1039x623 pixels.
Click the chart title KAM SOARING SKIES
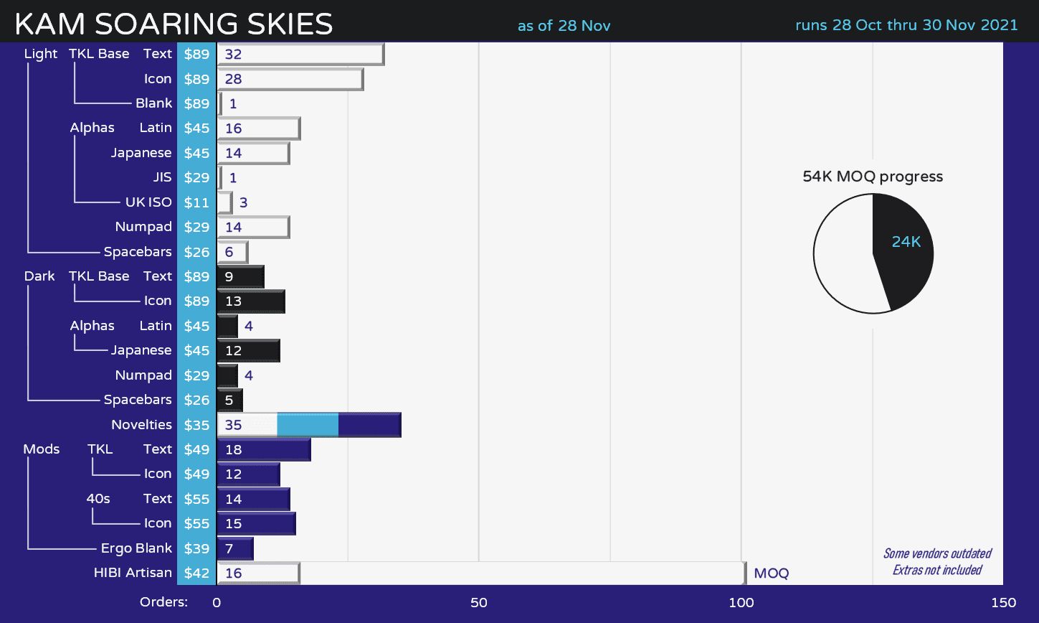(174, 24)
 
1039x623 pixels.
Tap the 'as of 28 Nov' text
(564, 26)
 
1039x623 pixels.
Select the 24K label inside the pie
(906, 242)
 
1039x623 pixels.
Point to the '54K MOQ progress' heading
(872, 177)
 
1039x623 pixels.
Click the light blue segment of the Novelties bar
(307, 425)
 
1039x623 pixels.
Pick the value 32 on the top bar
(233, 55)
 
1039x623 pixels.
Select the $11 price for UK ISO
(196, 202)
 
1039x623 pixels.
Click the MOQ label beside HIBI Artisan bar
(771, 573)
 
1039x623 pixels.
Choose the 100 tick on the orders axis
(741, 603)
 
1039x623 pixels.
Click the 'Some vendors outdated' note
(936, 553)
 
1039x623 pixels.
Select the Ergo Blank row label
(136, 548)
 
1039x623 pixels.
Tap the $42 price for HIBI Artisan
(196, 573)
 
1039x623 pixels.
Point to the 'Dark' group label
(39, 276)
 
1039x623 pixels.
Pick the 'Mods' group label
(41, 449)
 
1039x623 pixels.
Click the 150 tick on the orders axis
(1002, 603)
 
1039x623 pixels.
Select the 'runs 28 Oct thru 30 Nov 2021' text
(906, 25)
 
